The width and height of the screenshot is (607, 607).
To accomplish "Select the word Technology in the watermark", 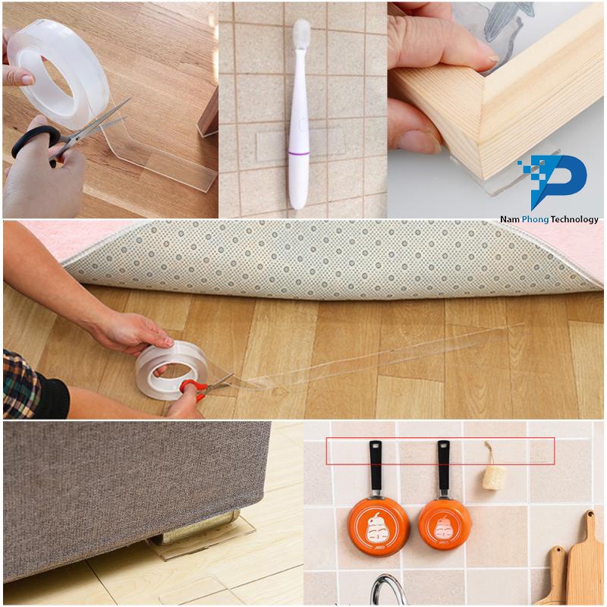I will (570, 219).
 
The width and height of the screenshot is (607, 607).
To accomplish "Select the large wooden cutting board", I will (587, 561).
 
